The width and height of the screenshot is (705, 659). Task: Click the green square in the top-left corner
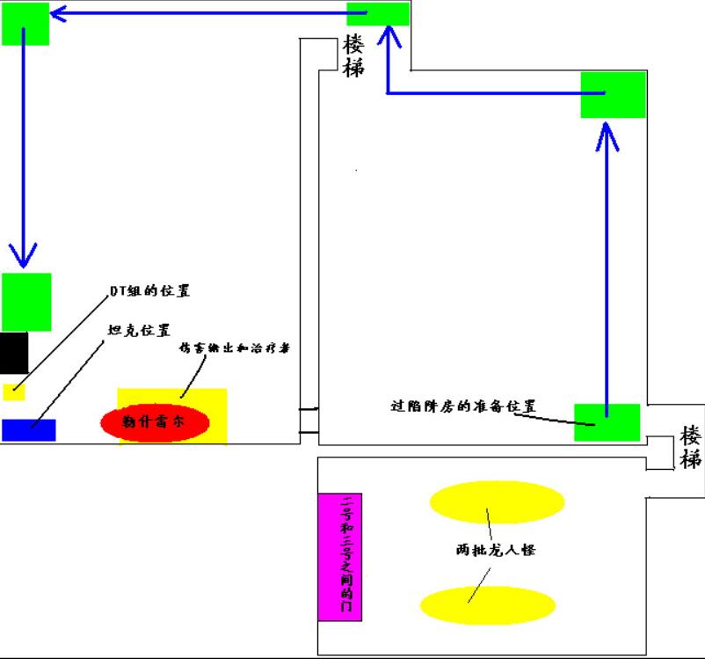click(x=25, y=23)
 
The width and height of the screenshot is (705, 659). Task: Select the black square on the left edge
click(x=14, y=352)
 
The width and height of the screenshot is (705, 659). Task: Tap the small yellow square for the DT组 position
click(x=13, y=391)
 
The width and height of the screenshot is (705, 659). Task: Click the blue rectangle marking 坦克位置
click(x=28, y=429)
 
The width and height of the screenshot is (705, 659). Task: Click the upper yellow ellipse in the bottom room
click(x=496, y=502)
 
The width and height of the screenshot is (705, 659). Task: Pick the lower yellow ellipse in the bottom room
click(x=488, y=605)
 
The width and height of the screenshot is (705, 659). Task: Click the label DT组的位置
click(x=149, y=291)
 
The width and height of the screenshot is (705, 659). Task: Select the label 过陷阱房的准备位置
click(x=463, y=406)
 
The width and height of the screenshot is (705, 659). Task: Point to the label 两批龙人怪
click(x=496, y=550)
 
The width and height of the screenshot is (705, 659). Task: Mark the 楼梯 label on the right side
click(x=691, y=447)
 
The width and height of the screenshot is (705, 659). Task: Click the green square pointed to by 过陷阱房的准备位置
click(x=607, y=421)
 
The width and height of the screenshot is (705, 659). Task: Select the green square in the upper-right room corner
click(x=613, y=94)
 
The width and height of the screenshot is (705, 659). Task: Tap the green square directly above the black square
click(x=26, y=302)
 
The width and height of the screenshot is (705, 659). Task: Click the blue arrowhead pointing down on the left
click(x=24, y=254)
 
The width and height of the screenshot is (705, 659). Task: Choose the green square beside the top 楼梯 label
click(x=378, y=14)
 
